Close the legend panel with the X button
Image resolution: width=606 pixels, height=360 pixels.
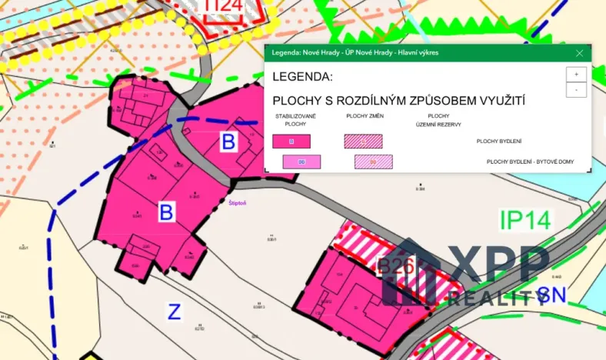click(x=580, y=53)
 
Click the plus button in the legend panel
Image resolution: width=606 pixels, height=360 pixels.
click(x=576, y=74)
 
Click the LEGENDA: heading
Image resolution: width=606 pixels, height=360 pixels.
click(x=302, y=77)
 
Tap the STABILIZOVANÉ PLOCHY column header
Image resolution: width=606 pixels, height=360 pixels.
click(x=291, y=119)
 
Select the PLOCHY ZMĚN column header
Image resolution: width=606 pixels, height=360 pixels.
click(x=365, y=115)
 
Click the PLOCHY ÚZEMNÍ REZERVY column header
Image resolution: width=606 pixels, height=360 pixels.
click(x=433, y=119)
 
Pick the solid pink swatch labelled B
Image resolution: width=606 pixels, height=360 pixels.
click(x=291, y=142)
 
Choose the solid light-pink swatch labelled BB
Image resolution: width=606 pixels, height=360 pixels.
click(x=301, y=162)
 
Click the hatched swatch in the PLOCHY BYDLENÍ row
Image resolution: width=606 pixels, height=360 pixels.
click(x=363, y=142)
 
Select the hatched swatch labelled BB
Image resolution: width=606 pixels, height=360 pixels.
click(x=373, y=162)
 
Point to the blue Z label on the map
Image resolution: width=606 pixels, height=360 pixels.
click(x=175, y=312)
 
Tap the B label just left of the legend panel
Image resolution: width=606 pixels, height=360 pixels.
click(x=228, y=142)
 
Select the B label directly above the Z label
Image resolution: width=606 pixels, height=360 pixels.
click(x=166, y=212)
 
